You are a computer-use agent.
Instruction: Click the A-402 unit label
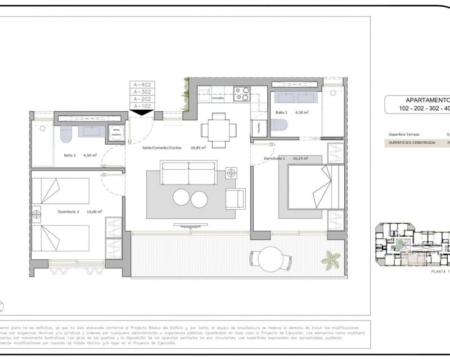(x=142, y=85)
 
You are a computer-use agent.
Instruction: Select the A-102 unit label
(x=142, y=105)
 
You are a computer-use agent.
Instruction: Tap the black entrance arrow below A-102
(x=142, y=112)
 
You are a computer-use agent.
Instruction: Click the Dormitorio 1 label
(x=273, y=159)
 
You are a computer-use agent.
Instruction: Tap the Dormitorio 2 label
(x=69, y=211)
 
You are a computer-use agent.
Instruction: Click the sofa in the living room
(x=188, y=173)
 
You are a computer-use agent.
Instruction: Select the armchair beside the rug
(x=235, y=198)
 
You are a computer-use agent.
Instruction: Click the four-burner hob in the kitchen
(x=242, y=93)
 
